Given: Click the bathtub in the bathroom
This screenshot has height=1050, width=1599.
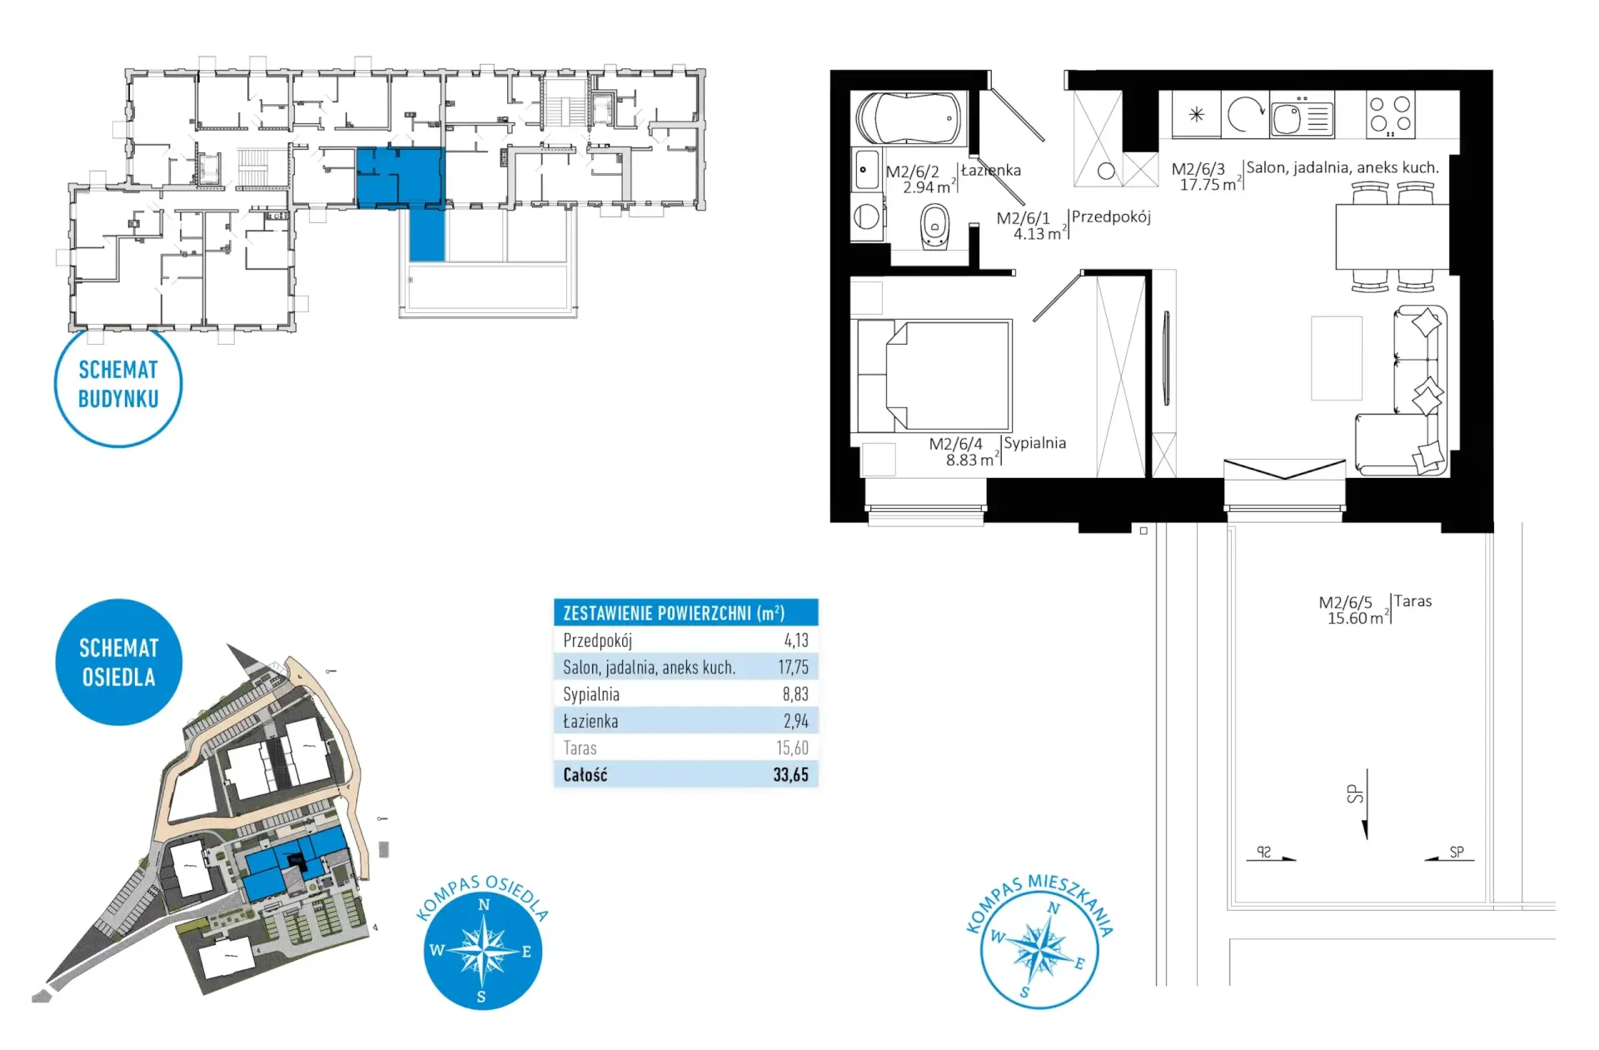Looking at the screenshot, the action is click(908, 118).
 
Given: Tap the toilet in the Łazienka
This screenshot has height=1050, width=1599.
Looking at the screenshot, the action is click(935, 226).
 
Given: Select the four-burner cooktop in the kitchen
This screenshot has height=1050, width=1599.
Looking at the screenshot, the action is click(1390, 115).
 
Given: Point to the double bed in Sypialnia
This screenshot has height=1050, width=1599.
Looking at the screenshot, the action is click(934, 376).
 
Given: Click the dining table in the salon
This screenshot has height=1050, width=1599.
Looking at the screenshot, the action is click(1392, 236).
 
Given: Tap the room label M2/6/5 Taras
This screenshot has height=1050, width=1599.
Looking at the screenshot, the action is click(1374, 610).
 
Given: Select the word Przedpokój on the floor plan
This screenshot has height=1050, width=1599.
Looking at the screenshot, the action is click(1111, 217).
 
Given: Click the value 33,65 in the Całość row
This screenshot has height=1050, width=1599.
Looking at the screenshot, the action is click(790, 774).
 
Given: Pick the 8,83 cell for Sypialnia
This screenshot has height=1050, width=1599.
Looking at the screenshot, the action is click(795, 694).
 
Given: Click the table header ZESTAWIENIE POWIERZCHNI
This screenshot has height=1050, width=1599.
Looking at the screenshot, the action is click(674, 613).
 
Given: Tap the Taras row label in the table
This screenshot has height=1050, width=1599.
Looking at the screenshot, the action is click(580, 748).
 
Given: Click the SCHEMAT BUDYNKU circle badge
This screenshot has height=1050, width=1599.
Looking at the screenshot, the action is click(118, 384).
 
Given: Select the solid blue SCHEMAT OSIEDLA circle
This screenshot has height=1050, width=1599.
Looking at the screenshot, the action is click(118, 662).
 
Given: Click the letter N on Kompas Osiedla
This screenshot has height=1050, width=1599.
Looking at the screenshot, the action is click(484, 904).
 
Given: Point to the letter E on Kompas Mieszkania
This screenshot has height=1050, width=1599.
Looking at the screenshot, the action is click(1079, 963).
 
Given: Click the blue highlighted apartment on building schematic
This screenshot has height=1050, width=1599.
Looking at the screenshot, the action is click(401, 177).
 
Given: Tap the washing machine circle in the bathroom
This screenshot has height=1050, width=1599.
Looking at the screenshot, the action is click(867, 217).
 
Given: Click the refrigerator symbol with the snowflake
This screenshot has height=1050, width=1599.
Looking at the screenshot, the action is click(1196, 114).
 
